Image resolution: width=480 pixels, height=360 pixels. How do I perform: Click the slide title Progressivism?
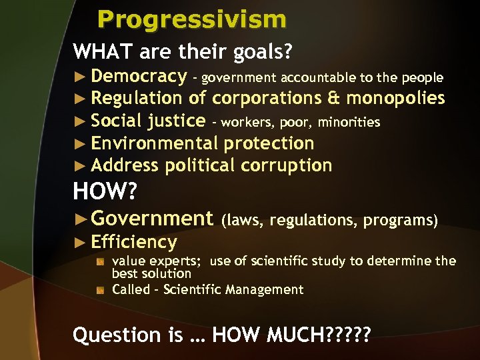192,19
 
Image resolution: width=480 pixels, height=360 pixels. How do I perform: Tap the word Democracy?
139,77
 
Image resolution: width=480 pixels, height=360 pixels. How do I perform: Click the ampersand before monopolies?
333,99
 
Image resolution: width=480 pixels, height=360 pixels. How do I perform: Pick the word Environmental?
155,143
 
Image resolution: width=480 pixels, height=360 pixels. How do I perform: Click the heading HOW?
105,192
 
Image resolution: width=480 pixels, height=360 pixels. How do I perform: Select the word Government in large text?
151,218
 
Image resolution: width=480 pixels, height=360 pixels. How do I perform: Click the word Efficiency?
134,242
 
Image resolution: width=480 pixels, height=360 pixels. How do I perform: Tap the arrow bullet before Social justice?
81,121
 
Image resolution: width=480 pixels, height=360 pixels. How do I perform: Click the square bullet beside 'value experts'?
100,261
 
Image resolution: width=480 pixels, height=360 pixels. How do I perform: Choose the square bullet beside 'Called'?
100,290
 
